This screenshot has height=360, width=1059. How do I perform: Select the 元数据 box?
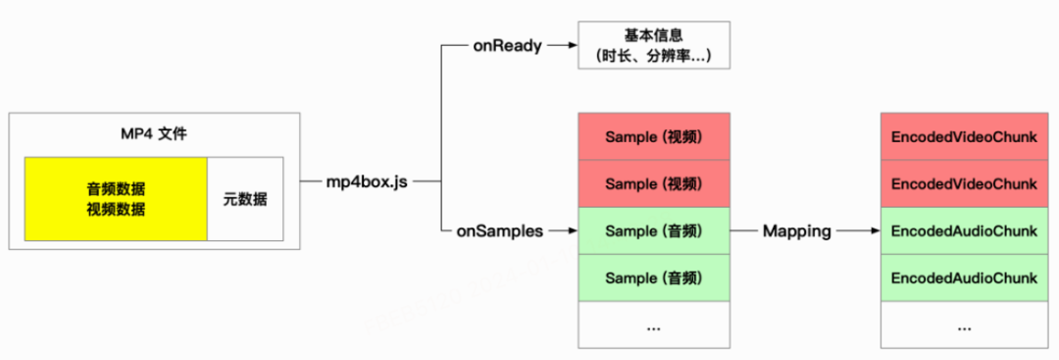(x=245, y=199)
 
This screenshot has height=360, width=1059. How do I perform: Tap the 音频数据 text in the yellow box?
(x=116, y=188)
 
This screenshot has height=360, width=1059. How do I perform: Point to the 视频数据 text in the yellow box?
(x=116, y=208)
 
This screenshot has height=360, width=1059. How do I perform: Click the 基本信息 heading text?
(x=654, y=34)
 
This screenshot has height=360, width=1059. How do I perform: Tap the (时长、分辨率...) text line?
(x=654, y=57)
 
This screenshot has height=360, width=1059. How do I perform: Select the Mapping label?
(x=796, y=231)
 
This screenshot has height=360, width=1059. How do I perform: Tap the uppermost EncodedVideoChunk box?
(x=963, y=136)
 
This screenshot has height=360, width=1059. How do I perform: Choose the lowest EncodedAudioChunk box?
(x=963, y=279)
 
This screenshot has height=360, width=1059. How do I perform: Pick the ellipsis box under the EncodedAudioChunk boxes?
(x=963, y=326)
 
